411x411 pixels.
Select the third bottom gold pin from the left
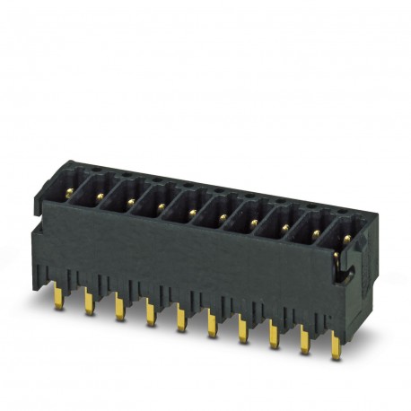(x=119, y=309)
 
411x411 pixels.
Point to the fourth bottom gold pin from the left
(x=149, y=315)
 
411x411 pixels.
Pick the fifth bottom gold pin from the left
(x=179, y=319)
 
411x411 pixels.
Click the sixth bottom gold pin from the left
(x=211, y=325)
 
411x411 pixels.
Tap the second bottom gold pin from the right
(x=303, y=342)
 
